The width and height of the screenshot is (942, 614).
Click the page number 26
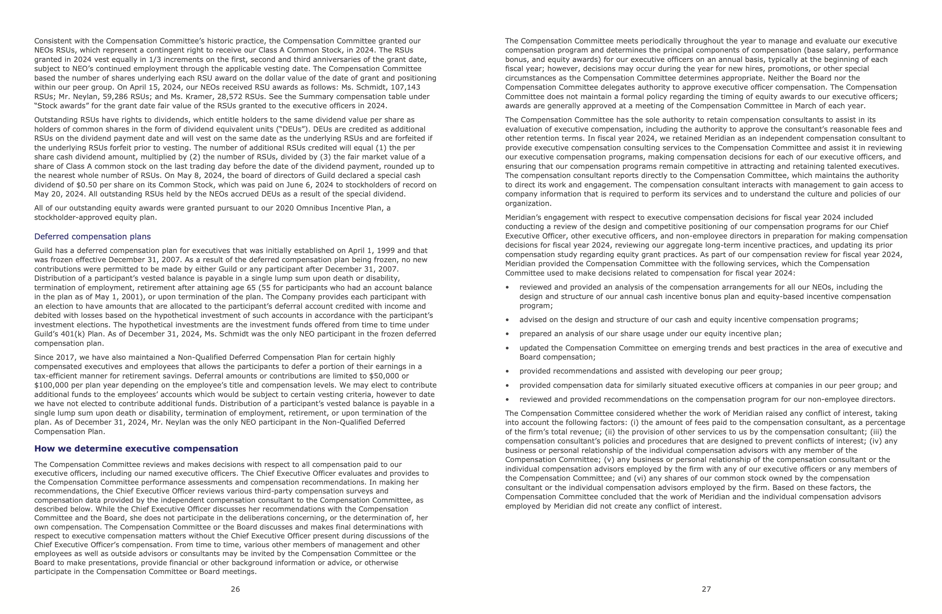coord(235,589)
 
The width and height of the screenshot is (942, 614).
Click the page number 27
coord(706,589)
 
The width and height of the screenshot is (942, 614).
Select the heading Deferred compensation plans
coord(92,236)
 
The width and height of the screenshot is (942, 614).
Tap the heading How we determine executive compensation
coord(136,449)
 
